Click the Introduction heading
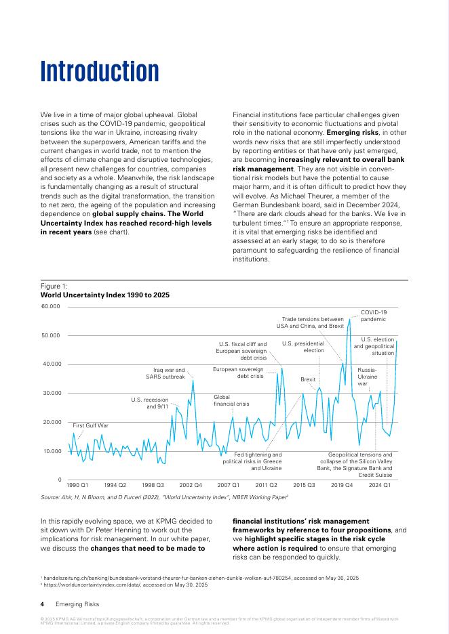coord(100,71)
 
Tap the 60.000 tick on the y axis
coord(52,306)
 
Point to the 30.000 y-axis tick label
coord(52,393)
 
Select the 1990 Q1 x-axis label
coord(77,485)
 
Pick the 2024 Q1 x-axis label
coord(379,485)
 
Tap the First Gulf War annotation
coord(91,425)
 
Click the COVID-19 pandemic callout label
coord(373,315)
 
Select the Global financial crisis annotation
coord(231,400)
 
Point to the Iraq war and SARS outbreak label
coord(165,373)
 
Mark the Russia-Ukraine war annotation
coord(367,377)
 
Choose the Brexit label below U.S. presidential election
coord(308,380)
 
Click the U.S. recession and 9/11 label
coord(149,403)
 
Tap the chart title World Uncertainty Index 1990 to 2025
coord(105,295)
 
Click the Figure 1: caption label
coord(54,287)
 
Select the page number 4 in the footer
coord(43,604)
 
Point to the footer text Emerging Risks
coord(77,604)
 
